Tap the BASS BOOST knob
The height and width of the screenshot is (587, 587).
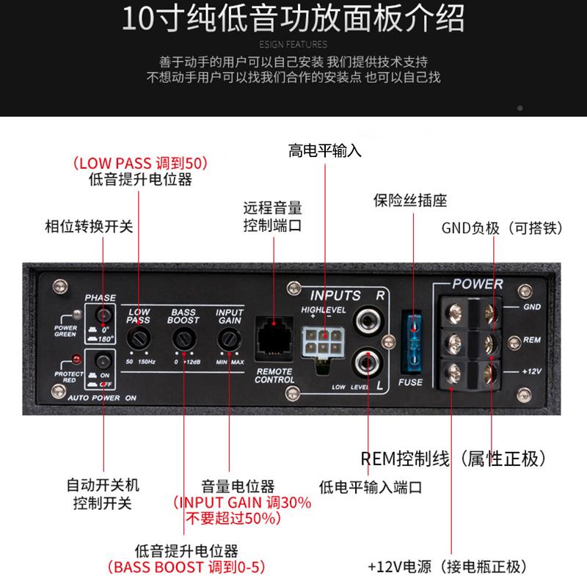(184, 338)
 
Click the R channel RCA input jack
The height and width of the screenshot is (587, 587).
(366, 321)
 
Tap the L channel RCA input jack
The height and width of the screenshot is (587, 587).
(366, 362)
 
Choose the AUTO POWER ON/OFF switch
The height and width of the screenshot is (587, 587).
(102, 362)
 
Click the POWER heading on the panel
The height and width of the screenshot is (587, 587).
(477, 284)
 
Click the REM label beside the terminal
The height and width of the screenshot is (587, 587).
(531, 339)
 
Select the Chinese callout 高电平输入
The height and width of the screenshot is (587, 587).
(325, 152)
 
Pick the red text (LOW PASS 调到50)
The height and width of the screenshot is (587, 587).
(139, 162)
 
